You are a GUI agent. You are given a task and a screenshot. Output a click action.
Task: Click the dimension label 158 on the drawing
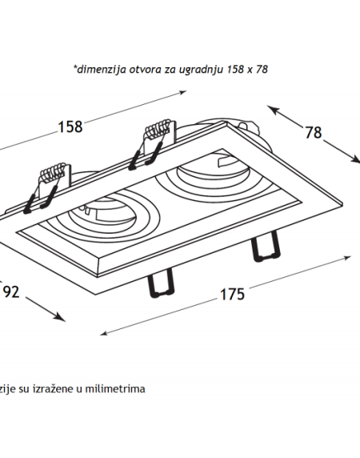[x=70, y=127]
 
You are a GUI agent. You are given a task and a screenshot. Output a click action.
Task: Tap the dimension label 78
[x=314, y=132]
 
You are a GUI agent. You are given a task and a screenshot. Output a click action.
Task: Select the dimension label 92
[x=11, y=291]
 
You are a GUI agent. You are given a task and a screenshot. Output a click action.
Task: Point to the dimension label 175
[x=232, y=294]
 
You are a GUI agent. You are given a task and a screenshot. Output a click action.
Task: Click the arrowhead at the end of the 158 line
[x=183, y=93]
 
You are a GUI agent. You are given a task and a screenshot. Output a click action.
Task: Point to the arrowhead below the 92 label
[x=61, y=318]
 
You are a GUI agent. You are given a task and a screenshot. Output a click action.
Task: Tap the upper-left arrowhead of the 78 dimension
[x=272, y=110]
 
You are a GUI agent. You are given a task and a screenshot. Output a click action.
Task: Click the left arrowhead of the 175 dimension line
[x=104, y=333]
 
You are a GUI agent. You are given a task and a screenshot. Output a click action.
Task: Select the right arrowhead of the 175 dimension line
[x=347, y=258]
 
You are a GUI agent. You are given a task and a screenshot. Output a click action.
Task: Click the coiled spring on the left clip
[x=53, y=171]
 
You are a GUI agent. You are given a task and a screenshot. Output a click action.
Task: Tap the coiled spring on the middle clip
[x=158, y=127]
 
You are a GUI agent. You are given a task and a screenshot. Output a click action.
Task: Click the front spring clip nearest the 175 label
[x=162, y=283]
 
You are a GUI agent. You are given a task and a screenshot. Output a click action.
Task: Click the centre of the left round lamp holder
[x=102, y=216]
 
